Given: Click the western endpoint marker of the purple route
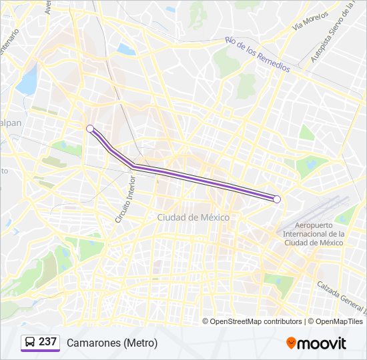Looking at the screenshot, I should click(x=90, y=129).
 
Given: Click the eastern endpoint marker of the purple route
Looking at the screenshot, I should click(x=277, y=199).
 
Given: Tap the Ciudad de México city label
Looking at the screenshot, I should click(x=194, y=218).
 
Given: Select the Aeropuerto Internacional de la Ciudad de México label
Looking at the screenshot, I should click(x=314, y=234).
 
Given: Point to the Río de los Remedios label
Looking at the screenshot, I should click(x=258, y=54).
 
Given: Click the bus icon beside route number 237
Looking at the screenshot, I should click(x=30, y=343).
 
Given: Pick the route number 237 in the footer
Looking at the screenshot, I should click(x=47, y=342).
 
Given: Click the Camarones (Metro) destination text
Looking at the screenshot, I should click(x=112, y=343).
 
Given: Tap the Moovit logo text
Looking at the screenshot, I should click(x=322, y=343).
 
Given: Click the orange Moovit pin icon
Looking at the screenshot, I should click(x=291, y=343).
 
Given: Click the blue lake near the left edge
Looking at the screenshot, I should click(x=27, y=81).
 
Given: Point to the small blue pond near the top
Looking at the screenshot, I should click(x=126, y=49).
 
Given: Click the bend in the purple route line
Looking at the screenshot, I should click(x=133, y=164).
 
